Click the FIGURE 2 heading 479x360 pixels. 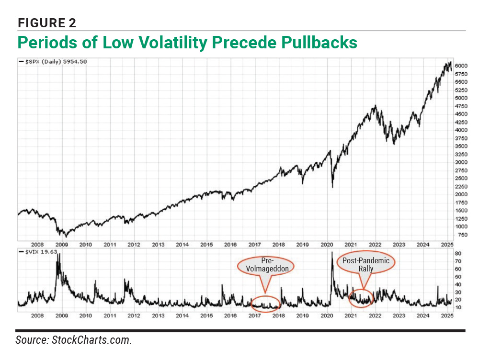click(x=47, y=22)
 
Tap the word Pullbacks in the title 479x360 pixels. click(x=316, y=42)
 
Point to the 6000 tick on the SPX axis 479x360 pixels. click(x=461, y=65)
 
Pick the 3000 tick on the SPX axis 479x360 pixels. click(x=461, y=162)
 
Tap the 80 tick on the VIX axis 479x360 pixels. click(x=458, y=253)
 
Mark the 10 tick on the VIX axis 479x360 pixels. click(x=458, y=307)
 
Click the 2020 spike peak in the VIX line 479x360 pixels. click(x=331, y=252)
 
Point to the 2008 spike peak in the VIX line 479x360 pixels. click(x=58, y=254)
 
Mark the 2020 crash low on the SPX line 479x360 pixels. click(x=332, y=187)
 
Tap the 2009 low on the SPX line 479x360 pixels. click(x=66, y=236)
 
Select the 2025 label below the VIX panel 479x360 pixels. click(x=446, y=316)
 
